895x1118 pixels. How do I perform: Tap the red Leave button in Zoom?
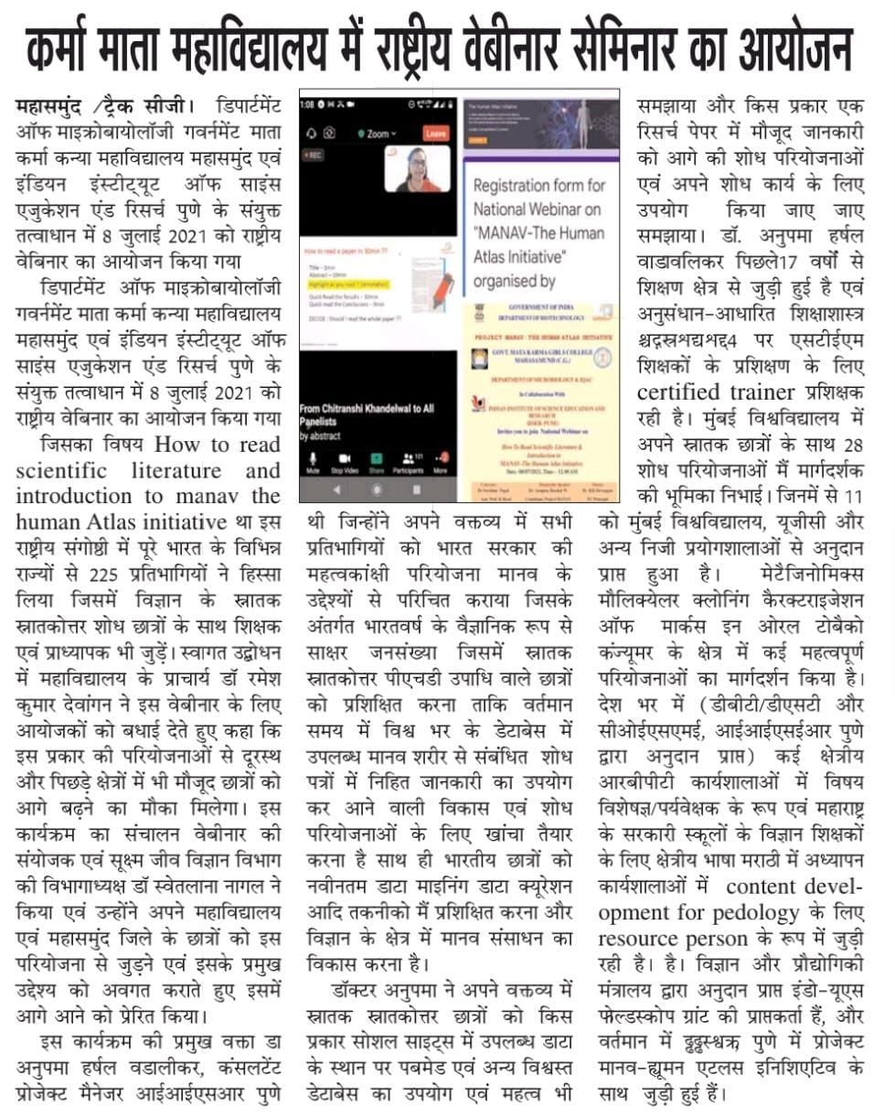tap(436, 134)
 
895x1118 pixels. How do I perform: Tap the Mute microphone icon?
tap(313, 457)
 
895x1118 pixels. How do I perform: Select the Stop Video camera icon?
tap(344, 457)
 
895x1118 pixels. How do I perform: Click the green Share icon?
tap(376, 457)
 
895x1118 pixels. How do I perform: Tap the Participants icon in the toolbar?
tap(407, 457)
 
